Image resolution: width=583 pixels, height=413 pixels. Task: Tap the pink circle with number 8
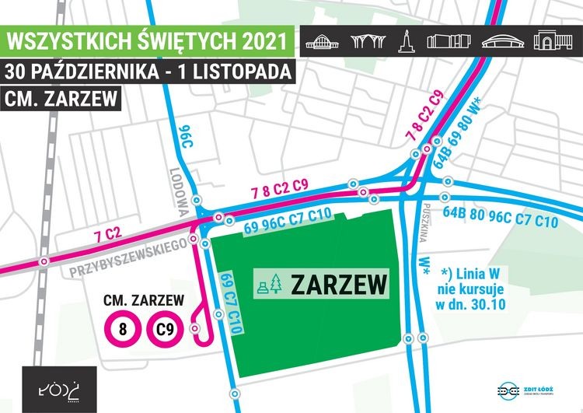click(123, 329)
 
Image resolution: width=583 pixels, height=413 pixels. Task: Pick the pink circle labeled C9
click(162, 329)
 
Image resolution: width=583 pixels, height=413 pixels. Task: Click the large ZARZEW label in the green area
click(338, 285)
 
